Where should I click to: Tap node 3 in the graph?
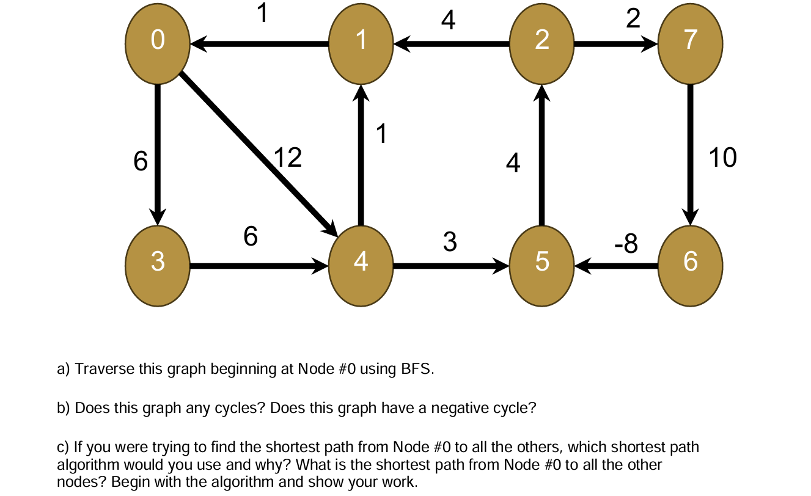coord(157,261)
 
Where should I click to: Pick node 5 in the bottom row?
coord(541,261)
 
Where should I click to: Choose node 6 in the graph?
coord(690,261)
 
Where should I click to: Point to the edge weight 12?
coord(287,158)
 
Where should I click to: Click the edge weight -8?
coord(626,244)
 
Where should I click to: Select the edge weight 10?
coord(722,158)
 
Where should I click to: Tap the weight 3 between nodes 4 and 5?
coord(450,243)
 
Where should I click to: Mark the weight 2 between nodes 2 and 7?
coord(633,20)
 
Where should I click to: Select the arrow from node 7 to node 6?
coord(691,153)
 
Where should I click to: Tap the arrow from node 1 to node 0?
coord(260,44)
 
